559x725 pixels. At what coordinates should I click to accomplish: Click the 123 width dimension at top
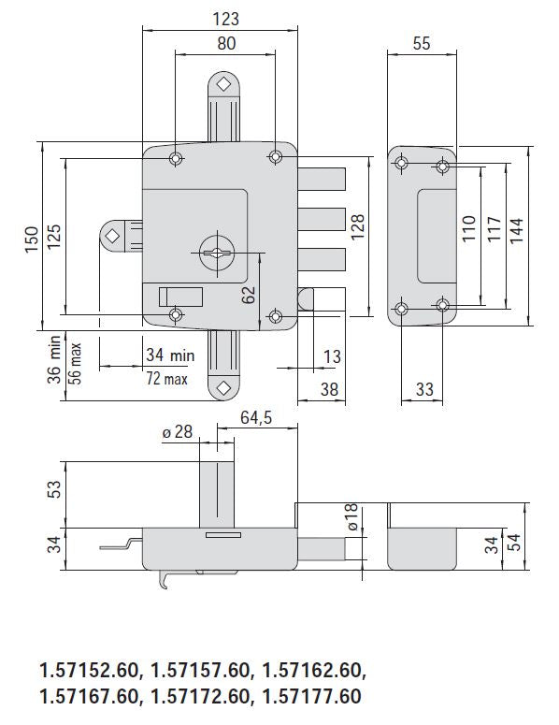point(225,19)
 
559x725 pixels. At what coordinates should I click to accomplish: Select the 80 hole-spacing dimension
point(225,44)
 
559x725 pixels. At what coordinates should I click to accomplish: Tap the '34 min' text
point(169,355)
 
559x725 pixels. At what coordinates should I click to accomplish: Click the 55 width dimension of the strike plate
point(421,44)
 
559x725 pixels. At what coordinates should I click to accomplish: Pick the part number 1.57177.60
point(312,696)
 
